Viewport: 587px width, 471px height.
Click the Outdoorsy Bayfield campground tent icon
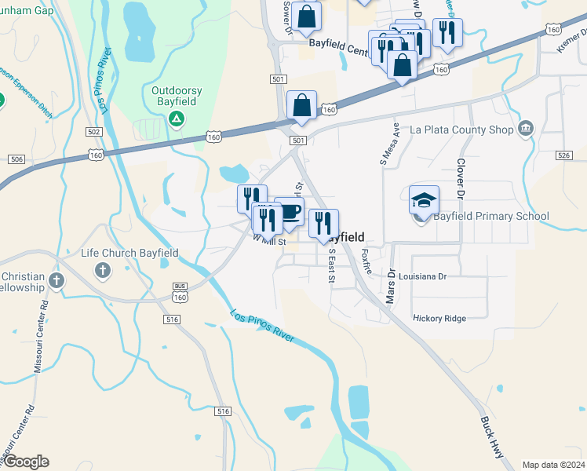coord(177,119)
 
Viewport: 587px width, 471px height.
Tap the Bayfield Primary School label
coord(491,217)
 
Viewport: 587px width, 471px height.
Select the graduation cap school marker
coord(424,200)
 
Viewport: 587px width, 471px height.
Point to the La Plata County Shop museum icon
coord(526,128)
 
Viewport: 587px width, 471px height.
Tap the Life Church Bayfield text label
coord(129,254)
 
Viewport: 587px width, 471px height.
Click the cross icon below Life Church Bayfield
coord(102,271)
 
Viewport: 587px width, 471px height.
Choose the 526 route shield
coord(563,155)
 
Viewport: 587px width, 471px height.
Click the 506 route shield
coord(16,159)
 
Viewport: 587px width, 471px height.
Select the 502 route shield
coord(95,132)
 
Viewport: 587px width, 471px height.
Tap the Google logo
coord(26,462)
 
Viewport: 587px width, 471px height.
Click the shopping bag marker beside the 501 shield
coord(302,105)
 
